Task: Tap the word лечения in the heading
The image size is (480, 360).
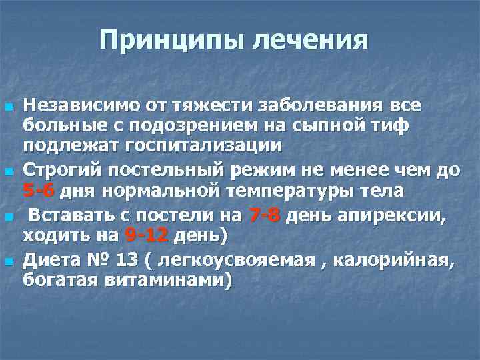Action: coord(310,40)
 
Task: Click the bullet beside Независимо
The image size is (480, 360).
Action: coord(8,107)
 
